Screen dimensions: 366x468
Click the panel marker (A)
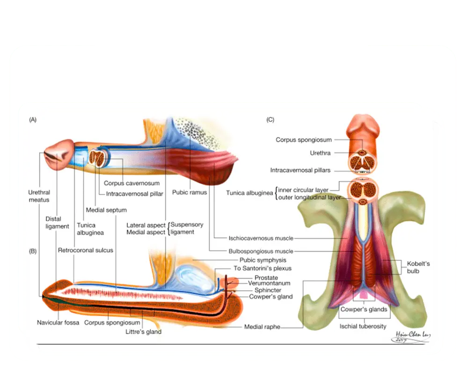pyautogui.click(x=33, y=120)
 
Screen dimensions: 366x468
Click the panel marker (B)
pyautogui.click(x=33, y=251)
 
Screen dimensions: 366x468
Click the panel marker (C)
pyautogui.click(x=270, y=120)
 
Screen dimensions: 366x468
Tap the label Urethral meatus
pyautogui.click(x=39, y=196)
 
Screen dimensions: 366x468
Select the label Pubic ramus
pyautogui.click(x=190, y=192)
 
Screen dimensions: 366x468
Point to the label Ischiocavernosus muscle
pyautogui.click(x=261, y=238)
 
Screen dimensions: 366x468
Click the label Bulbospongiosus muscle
pyautogui.click(x=261, y=251)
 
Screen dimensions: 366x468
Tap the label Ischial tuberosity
pyautogui.click(x=363, y=326)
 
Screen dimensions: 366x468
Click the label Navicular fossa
pyautogui.click(x=58, y=322)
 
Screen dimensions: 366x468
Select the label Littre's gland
pyautogui.click(x=143, y=332)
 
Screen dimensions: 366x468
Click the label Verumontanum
pyautogui.click(x=269, y=283)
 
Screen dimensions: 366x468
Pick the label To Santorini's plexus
pyautogui.click(x=263, y=269)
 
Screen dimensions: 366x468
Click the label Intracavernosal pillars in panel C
pyautogui.click(x=300, y=170)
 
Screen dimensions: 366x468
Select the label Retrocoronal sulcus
pyautogui.click(x=85, y=250)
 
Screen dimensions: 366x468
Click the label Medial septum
pyautogui.click(x=106, y=209)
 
